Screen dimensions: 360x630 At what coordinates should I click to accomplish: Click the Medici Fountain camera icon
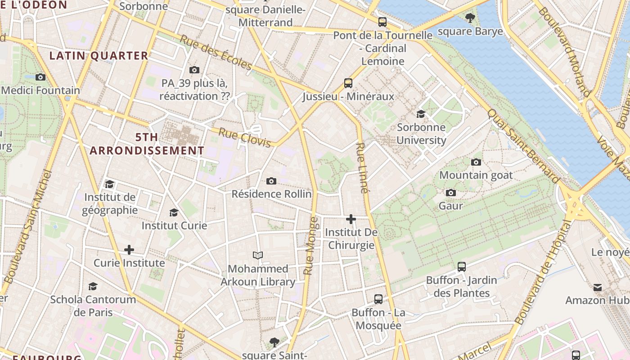point(40,77)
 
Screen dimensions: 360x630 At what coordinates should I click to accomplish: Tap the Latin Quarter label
point(99,56)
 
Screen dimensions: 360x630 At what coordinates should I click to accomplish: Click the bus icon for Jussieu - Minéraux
point(348,83)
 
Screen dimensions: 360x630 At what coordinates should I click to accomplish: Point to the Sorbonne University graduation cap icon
point(421,114)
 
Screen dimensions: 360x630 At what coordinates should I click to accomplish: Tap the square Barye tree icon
point(470,18)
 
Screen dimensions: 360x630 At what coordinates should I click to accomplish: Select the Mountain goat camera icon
point(476,162)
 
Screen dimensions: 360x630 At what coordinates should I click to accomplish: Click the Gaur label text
point(450,206)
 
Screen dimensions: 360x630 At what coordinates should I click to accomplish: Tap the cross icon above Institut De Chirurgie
point(351,219)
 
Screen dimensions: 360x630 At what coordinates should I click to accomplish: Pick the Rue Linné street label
point(362,168)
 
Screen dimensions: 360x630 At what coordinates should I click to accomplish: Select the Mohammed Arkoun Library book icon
point(258,255)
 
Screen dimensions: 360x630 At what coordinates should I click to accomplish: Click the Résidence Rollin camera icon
point(271,181)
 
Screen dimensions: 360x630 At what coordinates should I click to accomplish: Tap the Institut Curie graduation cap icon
point(174,212)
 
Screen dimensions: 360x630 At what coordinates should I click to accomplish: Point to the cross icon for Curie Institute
point(129,249)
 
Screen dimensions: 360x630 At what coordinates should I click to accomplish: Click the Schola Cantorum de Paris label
point(93,306)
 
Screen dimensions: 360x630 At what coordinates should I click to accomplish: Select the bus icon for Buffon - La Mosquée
point(378,299)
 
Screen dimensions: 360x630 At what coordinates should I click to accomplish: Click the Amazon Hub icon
point(598,287)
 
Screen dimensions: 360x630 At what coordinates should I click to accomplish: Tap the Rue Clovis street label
point(245,138)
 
